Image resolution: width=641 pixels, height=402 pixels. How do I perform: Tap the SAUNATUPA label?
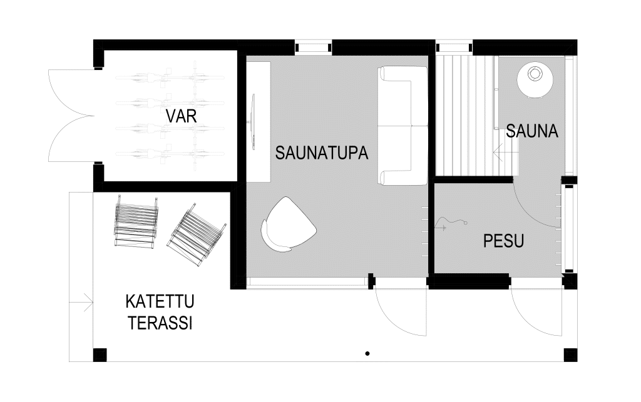(x=321, y=153)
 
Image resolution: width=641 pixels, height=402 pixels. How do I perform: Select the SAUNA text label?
(x=532, y=132)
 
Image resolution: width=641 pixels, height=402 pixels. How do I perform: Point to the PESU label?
(x=503, y=241)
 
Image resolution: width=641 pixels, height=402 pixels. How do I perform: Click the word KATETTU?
(x=160, y=303)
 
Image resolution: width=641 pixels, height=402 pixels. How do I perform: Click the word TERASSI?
(x=160, y=323)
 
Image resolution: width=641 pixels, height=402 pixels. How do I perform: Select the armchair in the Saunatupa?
(x=287, y=225)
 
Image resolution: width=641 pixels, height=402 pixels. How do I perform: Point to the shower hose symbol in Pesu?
(x=453, y=223)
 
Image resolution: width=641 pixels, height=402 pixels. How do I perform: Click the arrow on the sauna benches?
(x=505, y=151)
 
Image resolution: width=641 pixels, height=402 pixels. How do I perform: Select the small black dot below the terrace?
(x=367, y=354)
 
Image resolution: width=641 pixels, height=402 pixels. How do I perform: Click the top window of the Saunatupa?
(x=313, y=48)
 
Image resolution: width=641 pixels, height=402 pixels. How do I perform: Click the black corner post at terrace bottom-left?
(x=100, y=355)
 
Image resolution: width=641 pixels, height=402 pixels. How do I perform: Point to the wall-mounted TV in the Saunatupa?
(x=253, y=122)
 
